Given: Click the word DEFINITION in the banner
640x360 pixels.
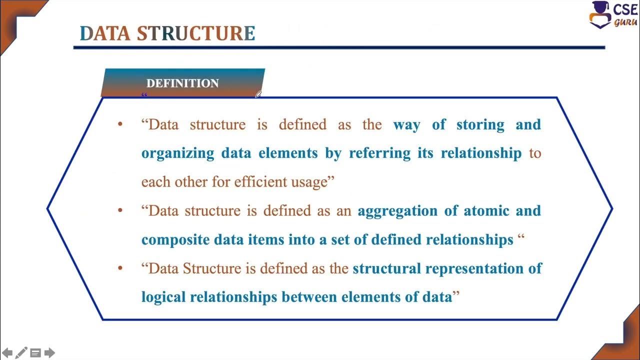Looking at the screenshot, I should tap(182, 83).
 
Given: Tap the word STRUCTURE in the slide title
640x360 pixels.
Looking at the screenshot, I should tap(196, 33).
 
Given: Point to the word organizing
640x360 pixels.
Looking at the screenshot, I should tap(177, 153).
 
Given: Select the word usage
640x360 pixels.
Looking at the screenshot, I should tap(309, 182).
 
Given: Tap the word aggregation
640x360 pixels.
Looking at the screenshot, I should tap(397, 210).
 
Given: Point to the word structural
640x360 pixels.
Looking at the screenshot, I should tap(386, 268).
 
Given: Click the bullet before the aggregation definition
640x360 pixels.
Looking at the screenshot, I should tap(119, 210).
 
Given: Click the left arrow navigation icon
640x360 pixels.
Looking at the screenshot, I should tap(7, 353).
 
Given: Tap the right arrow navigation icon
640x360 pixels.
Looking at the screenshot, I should tap(49, 353).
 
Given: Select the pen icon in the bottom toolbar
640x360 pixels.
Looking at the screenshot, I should tap(21, 353).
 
